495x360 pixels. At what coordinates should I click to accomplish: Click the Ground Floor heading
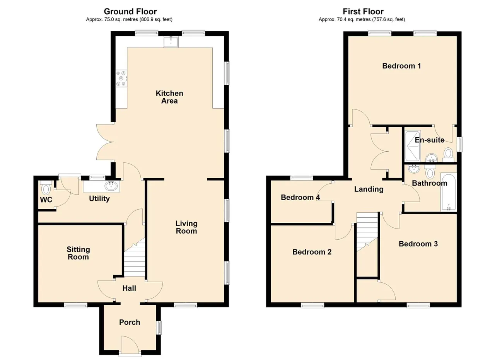(130, 12)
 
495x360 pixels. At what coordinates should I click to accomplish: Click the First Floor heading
(363, 12)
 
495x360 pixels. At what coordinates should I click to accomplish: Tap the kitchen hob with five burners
(121, 78)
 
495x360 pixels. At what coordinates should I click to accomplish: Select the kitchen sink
(171, 42)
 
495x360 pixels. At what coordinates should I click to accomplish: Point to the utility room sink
(111, 186)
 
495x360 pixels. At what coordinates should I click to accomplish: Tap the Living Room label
(186, 227)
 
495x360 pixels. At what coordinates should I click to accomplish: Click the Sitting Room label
(78, 253)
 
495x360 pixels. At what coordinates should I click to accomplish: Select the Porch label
(130, 322)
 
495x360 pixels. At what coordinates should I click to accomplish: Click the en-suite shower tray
(413, 146)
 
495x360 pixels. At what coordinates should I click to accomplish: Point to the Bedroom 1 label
(401, 66)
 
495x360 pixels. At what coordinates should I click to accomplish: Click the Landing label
(369, 189)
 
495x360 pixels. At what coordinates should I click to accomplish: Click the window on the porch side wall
(159, 328)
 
